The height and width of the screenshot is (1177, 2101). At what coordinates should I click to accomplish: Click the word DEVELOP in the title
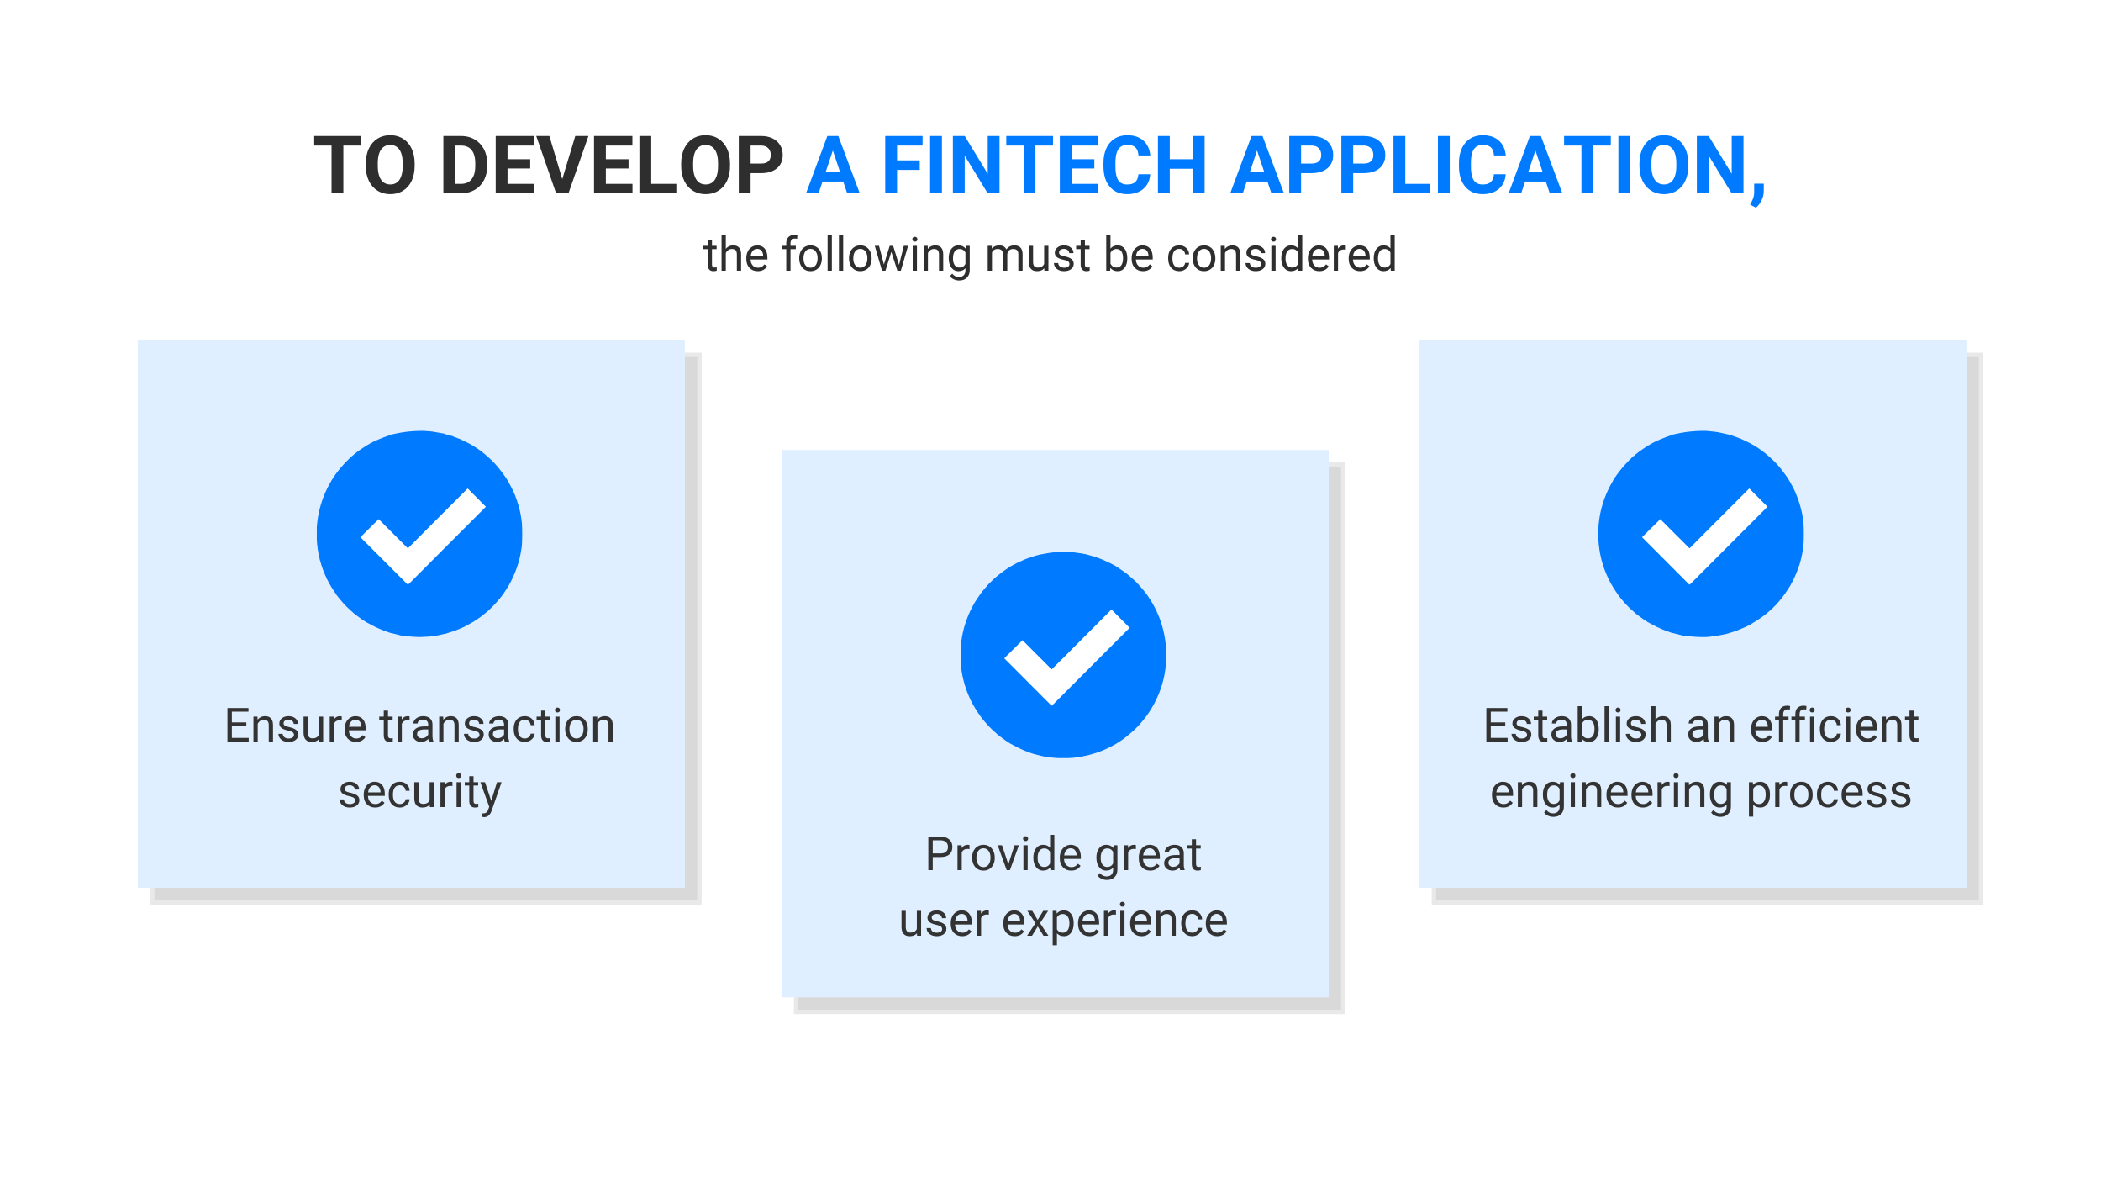point(613,166)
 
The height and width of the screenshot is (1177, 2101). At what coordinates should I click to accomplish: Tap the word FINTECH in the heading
point(1045,166)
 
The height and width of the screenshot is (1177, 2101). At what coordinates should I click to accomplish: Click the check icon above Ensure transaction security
point(419,534)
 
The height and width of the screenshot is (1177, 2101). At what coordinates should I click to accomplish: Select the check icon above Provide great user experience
point(1063,655)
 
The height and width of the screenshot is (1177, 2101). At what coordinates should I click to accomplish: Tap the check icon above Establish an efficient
point(1701,534)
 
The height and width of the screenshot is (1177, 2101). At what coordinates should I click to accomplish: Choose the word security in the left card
point(419,793)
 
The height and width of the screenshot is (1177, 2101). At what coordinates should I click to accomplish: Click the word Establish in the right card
point(1578,726)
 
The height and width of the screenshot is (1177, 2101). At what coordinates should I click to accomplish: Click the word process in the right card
point(1830,794)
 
